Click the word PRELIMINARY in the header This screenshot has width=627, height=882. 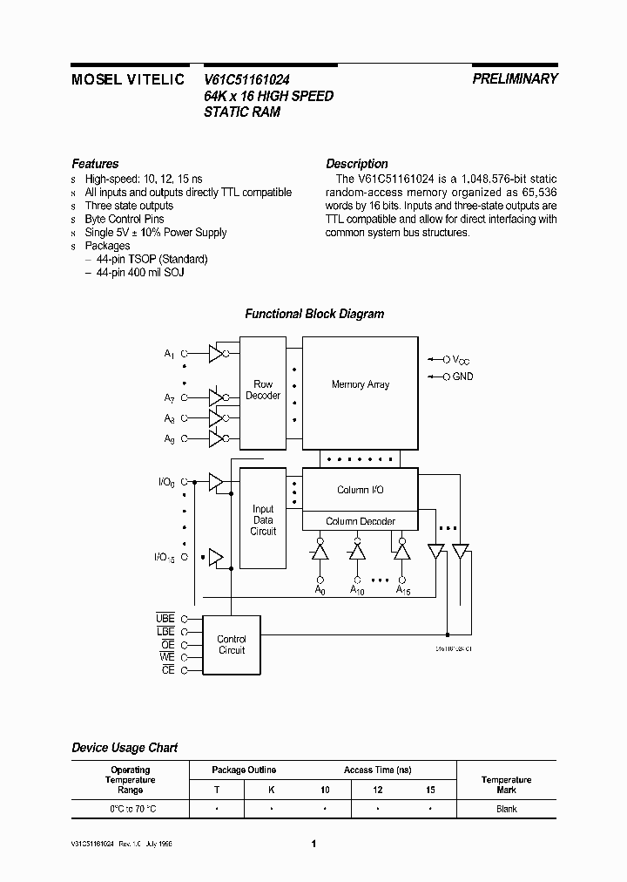coord(515,78)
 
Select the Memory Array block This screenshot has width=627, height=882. coord(360,384)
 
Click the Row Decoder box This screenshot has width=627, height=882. coord(263,390)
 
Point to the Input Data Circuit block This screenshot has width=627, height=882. coord(263,520)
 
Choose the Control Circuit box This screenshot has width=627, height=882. coord(231,645)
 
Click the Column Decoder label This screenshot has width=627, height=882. coord(360,521)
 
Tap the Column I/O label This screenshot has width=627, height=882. coord(360,490)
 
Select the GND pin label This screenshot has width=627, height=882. coord(462,377)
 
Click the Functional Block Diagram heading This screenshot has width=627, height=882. coord(313,314)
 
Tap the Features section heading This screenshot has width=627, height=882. coord(95,164)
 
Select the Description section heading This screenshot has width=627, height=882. coord(357,164)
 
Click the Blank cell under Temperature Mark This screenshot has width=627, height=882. coord(506,810)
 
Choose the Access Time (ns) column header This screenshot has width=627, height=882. coord(376,770)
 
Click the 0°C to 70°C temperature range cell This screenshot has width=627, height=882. coord(130,810)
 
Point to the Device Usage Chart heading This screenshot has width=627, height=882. coord(125,748)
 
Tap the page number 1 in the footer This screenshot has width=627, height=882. coord(313,844)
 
